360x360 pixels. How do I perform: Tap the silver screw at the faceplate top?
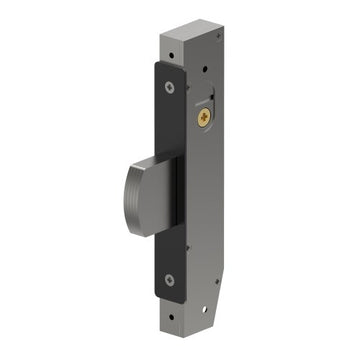[169, 85]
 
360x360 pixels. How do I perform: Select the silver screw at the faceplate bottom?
[168, 279]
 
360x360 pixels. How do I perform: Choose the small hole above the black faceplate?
[167, 43]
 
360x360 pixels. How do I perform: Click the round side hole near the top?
[205, 70]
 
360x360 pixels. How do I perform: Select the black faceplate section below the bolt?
[167, 250]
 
